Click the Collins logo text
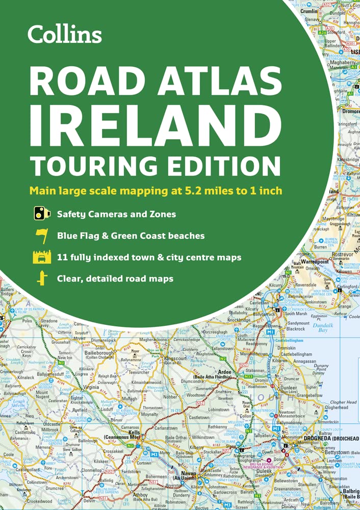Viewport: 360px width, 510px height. point(65,34)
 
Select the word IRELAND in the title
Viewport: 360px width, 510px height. point(155,123)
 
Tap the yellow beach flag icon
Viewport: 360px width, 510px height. point(41,236)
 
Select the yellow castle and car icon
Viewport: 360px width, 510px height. point(42,257)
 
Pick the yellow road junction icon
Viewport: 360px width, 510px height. point(42,278)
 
